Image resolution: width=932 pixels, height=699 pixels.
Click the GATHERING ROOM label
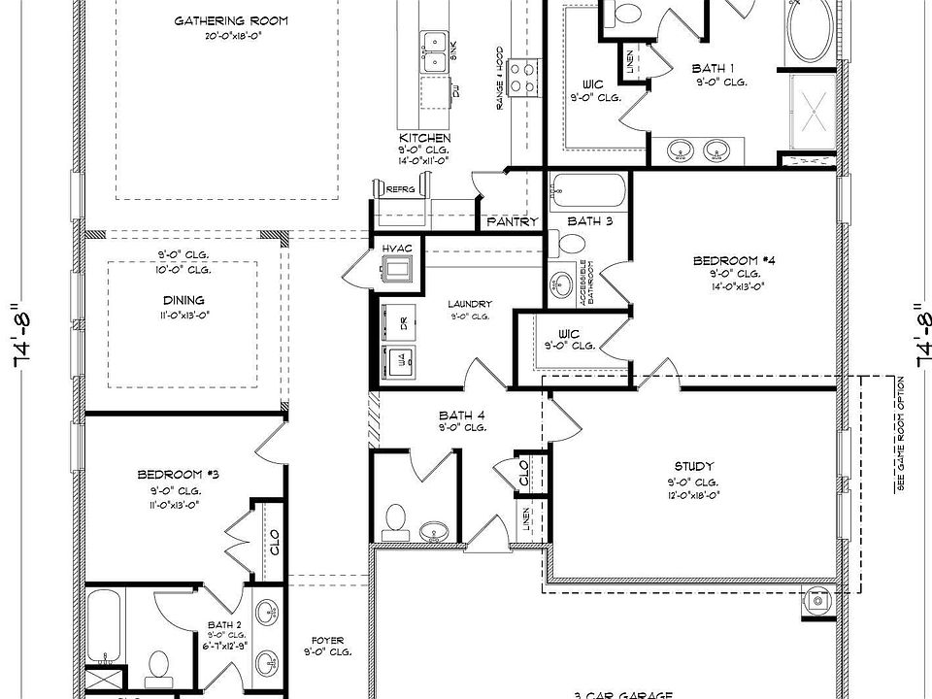[231, 21]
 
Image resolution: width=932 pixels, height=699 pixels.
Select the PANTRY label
[513, 222]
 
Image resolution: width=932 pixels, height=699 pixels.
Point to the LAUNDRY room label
[469, 303]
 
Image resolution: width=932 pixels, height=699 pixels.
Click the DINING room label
[184, 300]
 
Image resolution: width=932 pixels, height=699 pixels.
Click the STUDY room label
[693, 466]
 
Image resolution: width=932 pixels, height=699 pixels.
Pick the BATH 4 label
[461, 414]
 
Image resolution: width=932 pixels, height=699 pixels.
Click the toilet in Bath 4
[395, 521]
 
